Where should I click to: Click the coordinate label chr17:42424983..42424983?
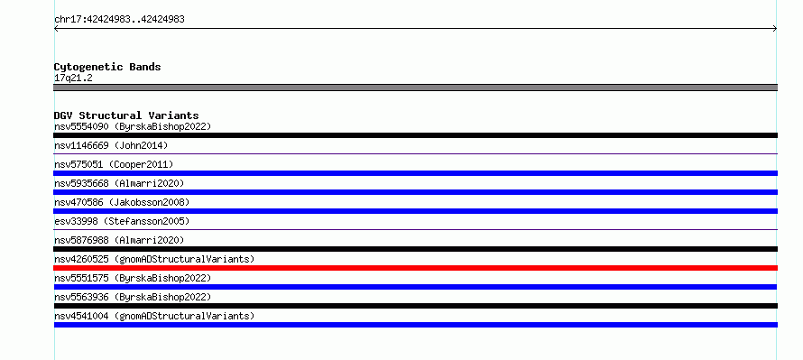pos(119,20)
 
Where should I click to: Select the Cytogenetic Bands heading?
pos(107,67)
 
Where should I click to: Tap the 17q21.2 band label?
pos(73,78)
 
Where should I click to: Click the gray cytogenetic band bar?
pos(415,88)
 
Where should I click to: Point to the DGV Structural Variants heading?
pos(126,115)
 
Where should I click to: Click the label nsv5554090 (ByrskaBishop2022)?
pos(133,126)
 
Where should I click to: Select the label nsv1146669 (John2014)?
pos(111,145)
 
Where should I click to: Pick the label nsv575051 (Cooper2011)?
pos(114,164)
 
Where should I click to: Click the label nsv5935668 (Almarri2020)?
pos(119,183)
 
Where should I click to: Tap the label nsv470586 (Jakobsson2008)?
pos(122,202)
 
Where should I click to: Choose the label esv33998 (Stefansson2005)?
pos(122,221)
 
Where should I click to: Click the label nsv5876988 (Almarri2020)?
pos(119,240)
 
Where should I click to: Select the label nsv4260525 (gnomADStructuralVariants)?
pos(154,259)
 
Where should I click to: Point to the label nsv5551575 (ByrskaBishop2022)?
pos(133,278)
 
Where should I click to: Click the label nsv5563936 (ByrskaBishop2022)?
pos(133,297)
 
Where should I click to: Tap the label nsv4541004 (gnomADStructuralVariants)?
pos(154,316)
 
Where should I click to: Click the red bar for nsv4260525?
pos(415,268)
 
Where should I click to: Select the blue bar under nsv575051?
pos(415,173)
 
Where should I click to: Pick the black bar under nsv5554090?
pos(415,135)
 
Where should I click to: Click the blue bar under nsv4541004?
pos(415,325)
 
